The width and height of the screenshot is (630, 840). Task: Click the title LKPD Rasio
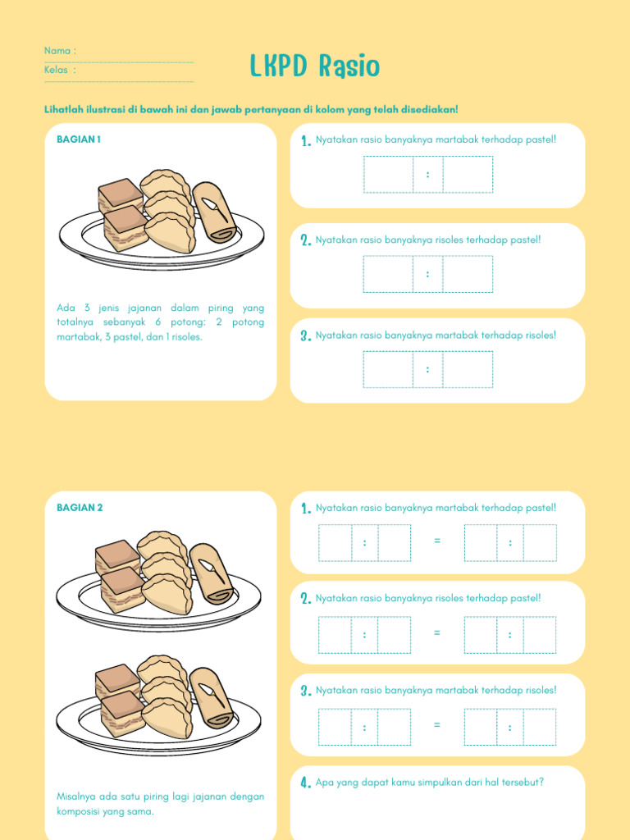point(315,66)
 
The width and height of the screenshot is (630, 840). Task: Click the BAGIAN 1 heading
point(79,139)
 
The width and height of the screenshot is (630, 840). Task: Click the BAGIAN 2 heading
point(80,507)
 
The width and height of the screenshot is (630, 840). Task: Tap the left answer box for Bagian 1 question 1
point(388,174)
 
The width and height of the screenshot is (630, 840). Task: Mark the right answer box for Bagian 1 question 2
point(468,274)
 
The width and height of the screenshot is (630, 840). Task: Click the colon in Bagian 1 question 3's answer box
point(427,369)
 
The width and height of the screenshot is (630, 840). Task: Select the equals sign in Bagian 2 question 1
point(437,541)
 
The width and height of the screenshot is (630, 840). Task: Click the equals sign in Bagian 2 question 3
point(437,725)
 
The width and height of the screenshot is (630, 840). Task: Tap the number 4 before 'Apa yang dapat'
point(306,783)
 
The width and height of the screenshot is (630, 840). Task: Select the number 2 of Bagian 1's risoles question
point(306,240)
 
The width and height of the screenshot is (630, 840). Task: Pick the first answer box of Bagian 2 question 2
point(335,635)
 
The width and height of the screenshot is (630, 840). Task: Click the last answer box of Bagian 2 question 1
point(540,543)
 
